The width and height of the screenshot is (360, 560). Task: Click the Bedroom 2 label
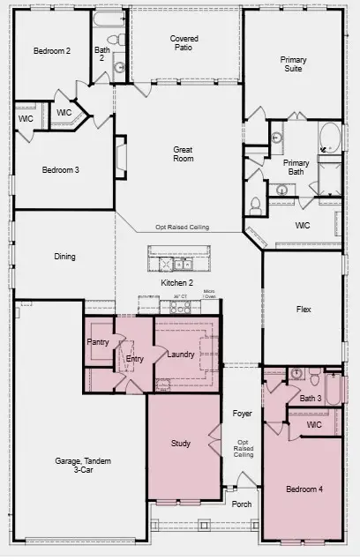pos(52,51)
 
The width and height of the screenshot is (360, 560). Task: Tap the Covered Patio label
pos(184,44)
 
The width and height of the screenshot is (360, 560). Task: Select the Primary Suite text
pos(293,65)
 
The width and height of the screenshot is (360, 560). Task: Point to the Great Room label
pos(183,156)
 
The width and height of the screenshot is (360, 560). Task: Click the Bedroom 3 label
pos(61,169)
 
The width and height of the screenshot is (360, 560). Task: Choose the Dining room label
pos(64,258)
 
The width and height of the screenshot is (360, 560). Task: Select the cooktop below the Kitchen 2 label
pos(180,307)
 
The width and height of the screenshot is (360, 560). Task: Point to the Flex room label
pos(303,310)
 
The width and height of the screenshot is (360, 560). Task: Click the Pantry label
pos(97,341)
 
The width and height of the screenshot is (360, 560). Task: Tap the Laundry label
pos(181,355)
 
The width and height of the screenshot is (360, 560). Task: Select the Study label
pos(181,443)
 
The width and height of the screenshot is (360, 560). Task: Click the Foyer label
pos(242,414)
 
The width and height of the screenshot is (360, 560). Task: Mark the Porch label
pos(241,504)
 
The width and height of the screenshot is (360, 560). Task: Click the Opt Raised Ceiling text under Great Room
pos(183,228)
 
